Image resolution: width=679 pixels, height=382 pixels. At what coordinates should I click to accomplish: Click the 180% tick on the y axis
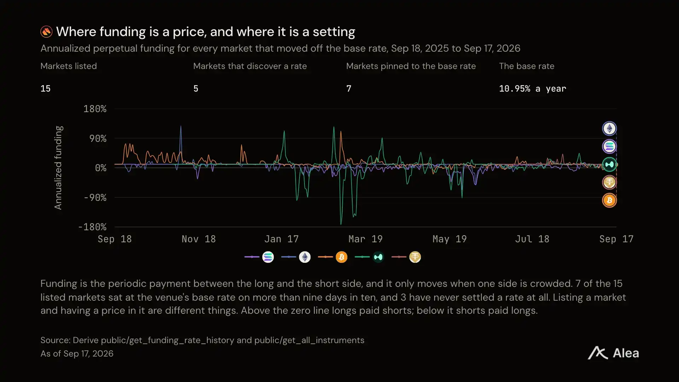point(95,109)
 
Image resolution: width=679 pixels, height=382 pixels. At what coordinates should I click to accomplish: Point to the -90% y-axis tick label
point(95,197)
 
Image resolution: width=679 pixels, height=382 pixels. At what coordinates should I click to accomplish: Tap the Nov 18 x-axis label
point(199,239)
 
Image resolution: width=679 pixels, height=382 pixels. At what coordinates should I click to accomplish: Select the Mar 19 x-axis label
point(365,239)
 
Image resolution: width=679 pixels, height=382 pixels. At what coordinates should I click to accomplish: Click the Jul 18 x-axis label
point(532,239)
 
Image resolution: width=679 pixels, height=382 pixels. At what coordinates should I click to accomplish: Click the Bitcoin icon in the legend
point(342,257)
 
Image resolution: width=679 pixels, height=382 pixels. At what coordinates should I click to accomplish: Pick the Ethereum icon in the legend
point(305,257)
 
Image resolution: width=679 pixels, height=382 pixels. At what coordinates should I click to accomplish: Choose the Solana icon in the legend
point(268,257)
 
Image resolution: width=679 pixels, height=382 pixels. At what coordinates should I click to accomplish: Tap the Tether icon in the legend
point(415,257)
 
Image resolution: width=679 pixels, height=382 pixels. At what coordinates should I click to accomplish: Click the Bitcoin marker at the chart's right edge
point(609,201)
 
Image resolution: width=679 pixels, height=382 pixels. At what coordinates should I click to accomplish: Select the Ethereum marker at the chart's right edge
point(609,128)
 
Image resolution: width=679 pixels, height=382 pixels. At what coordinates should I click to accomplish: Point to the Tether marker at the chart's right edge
point(609,183)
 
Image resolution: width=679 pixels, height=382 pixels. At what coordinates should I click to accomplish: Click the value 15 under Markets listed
point(46,88)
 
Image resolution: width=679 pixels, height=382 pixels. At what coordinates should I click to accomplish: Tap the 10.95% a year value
point(533,88)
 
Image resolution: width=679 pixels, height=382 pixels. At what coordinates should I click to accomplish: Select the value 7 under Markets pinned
point(349,88)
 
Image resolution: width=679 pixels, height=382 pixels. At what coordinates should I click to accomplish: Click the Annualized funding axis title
point(58,168)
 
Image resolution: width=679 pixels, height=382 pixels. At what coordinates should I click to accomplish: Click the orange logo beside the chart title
point(46,32)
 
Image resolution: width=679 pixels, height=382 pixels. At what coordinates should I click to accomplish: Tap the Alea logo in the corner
point(614,353)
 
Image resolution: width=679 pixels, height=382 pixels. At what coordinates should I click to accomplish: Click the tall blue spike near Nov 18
point(181,126)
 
